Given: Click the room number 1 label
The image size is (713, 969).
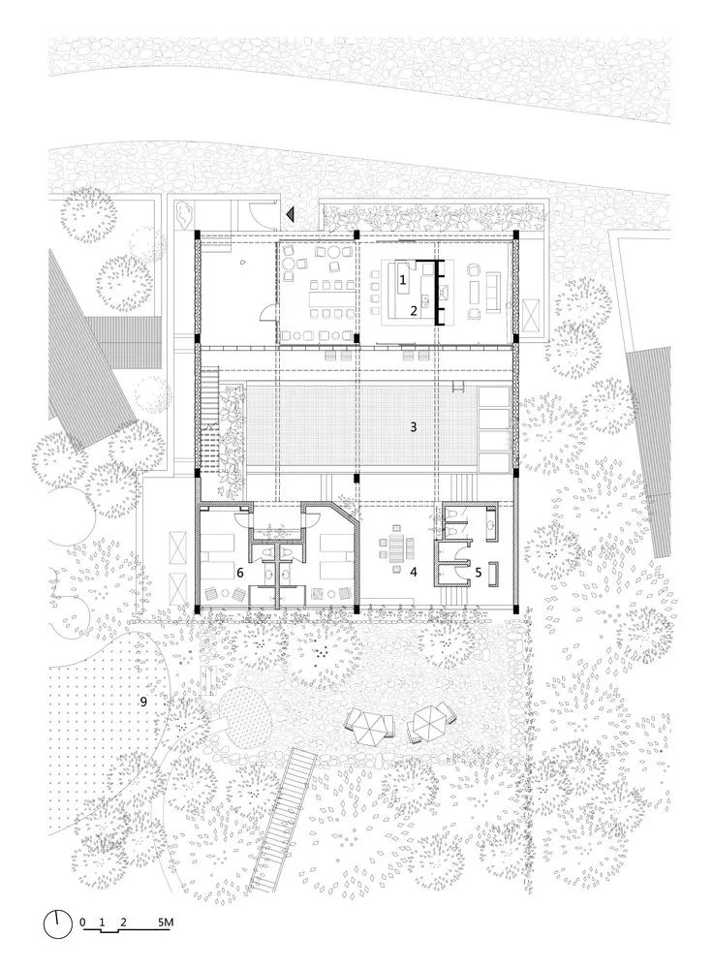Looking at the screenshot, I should (x=403, y=279).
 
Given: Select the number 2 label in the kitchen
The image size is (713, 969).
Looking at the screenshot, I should (x=414, y=311).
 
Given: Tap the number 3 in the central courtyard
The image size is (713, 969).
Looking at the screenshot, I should (x=413, y=425).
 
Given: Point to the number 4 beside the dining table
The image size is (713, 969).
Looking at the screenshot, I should (x=414, y=572).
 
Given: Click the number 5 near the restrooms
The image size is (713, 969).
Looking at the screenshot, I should (x=477, y=572).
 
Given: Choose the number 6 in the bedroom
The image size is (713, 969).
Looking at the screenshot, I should (x=239, y=573).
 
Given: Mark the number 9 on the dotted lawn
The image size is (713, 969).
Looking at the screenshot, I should (x=144, y=700).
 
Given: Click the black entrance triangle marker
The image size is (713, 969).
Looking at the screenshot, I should (x=289, y=213).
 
